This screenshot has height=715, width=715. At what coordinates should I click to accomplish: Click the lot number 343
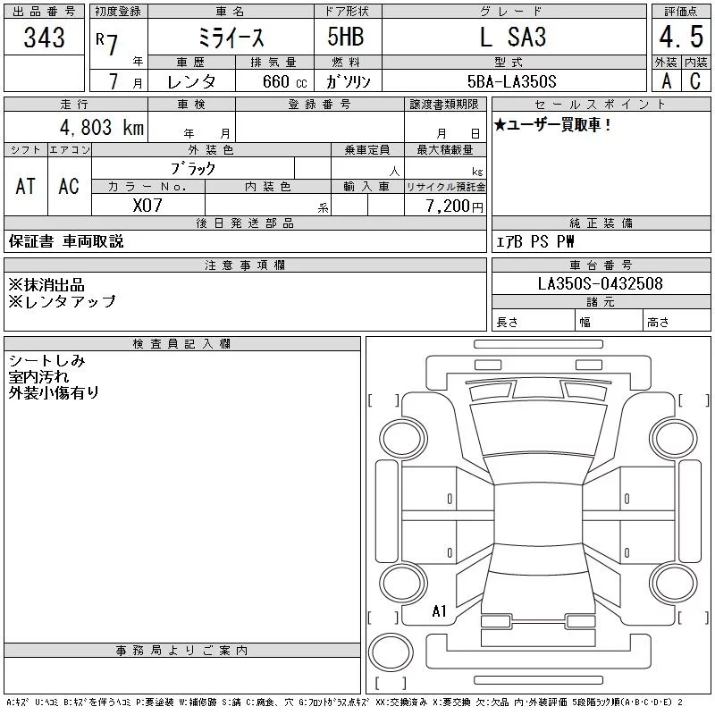coord(44,37)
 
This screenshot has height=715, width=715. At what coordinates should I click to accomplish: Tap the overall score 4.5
coord(681,37)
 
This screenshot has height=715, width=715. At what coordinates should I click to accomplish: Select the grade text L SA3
coord(513,37)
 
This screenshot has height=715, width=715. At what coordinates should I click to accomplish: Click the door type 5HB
coord(346,37)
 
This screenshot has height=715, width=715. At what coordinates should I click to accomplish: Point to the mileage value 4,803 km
coord(102,127)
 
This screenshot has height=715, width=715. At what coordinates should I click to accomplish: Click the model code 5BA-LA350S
coord(511,81)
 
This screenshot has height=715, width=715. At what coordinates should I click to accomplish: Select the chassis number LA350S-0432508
coord(600,283)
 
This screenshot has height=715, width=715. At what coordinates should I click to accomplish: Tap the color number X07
coord(147,206)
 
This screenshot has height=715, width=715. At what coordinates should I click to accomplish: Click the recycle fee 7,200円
coord(454,206)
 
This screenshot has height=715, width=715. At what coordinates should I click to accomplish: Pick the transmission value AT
coord(26,186)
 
